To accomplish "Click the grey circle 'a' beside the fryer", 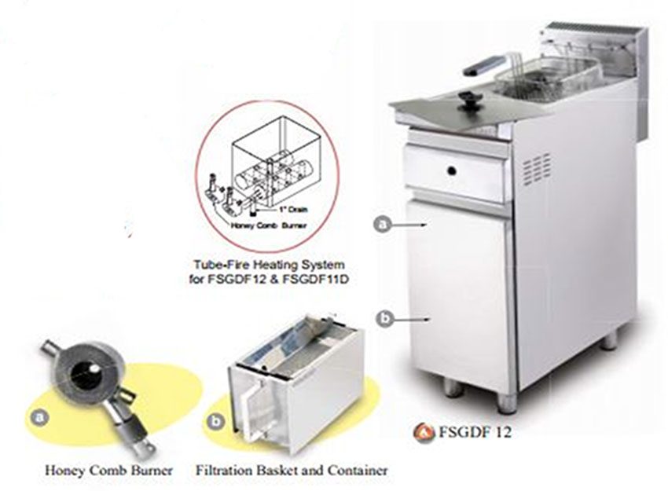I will tap(383, 225).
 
